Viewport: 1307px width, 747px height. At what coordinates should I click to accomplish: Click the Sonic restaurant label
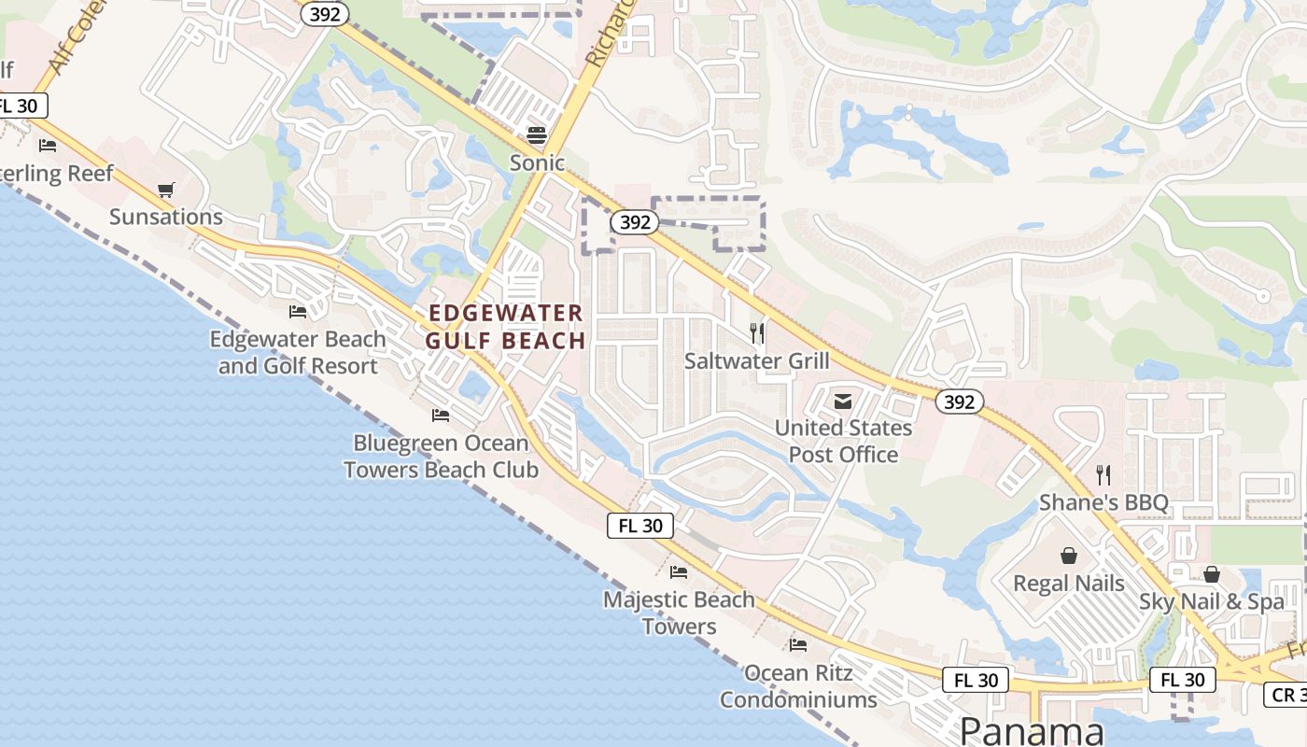click(537, 163)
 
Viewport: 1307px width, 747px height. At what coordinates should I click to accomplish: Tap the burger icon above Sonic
click(537, 135)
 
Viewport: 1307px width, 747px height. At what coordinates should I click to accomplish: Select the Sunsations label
click(166, 217)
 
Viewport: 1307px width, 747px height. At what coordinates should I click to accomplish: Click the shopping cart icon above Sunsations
click(166, 190)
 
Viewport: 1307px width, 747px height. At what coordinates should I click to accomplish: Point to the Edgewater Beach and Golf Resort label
click(298, 352)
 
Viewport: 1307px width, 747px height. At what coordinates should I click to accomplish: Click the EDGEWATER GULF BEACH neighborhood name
click(505, 327)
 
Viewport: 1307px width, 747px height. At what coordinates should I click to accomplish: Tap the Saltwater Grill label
click(756, 360)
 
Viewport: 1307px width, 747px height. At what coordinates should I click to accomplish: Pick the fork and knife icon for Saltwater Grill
click(757, 332)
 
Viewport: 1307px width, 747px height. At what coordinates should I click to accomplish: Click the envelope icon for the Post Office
click(843, 402)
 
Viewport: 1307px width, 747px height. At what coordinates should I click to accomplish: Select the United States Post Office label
click(844, 441)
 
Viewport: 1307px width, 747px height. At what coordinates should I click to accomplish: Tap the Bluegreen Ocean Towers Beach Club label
click(441, 456)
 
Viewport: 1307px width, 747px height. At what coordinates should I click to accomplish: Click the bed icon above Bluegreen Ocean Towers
click(441, 416)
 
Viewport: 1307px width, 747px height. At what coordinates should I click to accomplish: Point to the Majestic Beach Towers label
click(679, 613)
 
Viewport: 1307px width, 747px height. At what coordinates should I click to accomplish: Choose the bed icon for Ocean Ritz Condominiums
click(798, 645)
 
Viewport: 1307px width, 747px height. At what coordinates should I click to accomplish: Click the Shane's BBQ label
click(1103, 502)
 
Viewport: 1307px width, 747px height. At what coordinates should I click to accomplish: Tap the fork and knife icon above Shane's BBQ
click(1103, 474)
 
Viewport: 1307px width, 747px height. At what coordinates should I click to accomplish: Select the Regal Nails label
click(1069, 584)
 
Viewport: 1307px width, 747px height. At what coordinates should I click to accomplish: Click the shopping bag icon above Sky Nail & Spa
click(1212, 574)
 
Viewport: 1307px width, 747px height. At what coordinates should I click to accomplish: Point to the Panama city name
click(1032, 730)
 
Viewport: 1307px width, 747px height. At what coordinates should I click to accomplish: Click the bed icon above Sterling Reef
click(48, 146)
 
